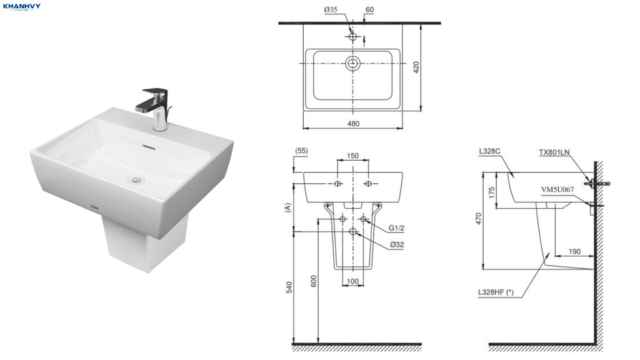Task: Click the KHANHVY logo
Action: point(21,7)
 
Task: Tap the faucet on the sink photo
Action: point(155,107)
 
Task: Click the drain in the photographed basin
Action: point(136,178)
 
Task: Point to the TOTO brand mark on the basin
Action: point(94,207)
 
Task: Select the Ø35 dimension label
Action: point(331,9)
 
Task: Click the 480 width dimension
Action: point(354,124)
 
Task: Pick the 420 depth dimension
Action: point(416,67)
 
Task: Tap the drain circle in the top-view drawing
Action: point(353,63)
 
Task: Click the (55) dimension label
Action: point(301,151)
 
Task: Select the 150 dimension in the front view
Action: point(352,156)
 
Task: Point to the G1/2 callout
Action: point(396,228)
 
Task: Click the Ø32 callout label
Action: point(397,245)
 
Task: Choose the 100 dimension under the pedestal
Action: point(352,281)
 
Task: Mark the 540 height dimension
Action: point(289,287)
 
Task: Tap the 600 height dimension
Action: point(314,281)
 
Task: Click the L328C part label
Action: point(490,151)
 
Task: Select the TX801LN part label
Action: point(554,152)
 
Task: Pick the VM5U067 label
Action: point(557,189)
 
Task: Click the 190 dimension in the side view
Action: point(574,251)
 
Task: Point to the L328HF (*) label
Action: point(496,292)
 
